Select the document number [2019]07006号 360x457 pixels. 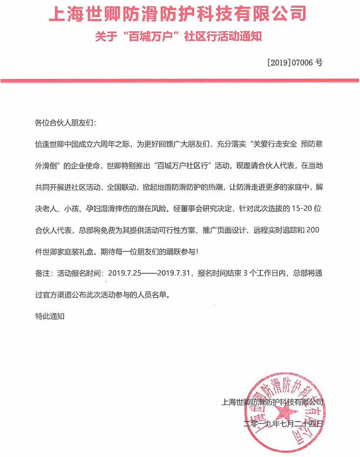tap(294, 63)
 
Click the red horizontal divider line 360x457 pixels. tap(179, 81)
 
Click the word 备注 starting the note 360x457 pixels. tap(42, 273)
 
